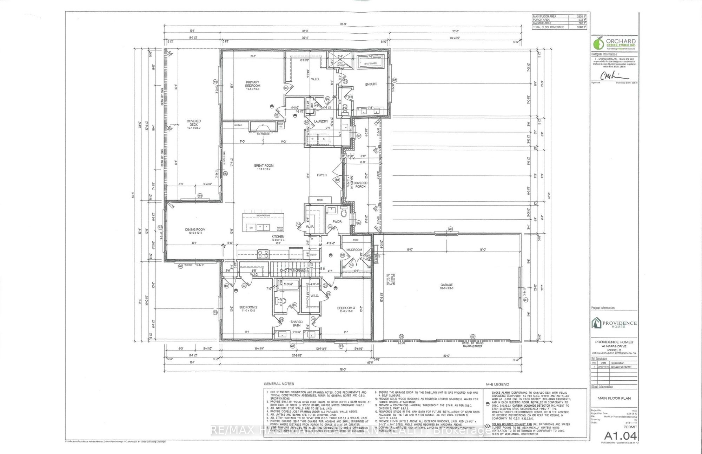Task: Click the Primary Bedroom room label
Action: [x=253, y=84]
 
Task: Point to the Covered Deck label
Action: [x=193, y=123]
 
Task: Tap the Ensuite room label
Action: [x=371, y=84]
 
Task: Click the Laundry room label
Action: [x=321, y=121]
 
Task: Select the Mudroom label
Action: [x=354, y=250]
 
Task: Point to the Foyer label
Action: [x=322, y=175]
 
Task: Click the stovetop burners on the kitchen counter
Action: [x=263, y=254]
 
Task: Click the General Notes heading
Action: [x=279, y=384]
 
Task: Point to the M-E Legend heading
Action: [x=497, y=384]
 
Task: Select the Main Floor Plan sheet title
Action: [x=614, y=398]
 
